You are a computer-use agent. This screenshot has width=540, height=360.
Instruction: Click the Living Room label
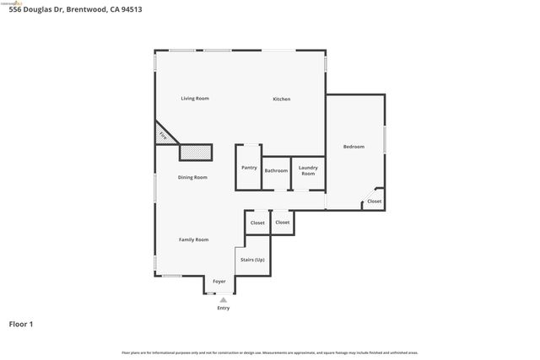tap(195, 99)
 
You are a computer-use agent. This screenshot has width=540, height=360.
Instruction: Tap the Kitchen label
tap(281, 99)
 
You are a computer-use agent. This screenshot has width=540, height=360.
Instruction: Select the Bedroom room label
tap(354, 147)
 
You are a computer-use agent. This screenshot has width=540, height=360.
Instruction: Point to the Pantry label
tap(249, 168)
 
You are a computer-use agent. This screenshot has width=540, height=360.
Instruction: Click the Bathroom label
tap(276, 171)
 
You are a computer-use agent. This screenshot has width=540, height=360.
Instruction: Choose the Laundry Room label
tap(307, 170)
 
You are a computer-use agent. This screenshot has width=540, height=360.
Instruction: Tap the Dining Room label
tap(192, 177)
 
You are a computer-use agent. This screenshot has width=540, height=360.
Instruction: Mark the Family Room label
tap(193, 239)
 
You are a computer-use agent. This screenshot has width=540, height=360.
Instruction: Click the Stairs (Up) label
tap(252, 260)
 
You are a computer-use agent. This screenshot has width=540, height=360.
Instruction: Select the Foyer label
tap(219, 281)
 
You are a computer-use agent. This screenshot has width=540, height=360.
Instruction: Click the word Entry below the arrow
tap(223, 308)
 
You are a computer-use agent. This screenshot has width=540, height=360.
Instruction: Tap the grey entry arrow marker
tap(223, 299)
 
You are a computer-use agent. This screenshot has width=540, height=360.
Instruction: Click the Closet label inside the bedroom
tap(374, 201)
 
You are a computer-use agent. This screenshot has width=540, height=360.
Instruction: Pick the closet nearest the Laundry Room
tap(283, 223)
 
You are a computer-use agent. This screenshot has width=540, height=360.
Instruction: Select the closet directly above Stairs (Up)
tap(257, 223)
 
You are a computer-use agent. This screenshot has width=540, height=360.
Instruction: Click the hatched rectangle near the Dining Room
tap(195, 152)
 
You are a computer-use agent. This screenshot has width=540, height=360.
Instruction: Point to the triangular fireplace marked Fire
tap(162, 134)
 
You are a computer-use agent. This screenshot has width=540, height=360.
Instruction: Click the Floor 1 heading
tap(21, 324)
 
